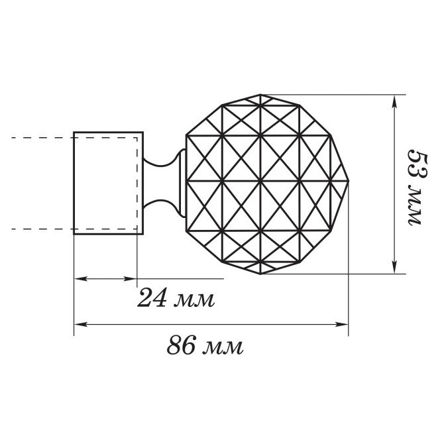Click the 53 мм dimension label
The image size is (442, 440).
point(417,187)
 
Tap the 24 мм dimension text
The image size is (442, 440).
point(176,298)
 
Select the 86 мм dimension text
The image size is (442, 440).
point(205,345)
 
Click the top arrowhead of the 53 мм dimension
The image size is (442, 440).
point(395,101)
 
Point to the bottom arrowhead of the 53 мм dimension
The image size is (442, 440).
point(395,267)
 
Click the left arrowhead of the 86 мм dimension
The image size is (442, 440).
point(80,325)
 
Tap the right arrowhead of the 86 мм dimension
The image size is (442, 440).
point(342,325)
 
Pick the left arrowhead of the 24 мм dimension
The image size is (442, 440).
point(80,279)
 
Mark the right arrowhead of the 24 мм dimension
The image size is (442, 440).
point(131,279)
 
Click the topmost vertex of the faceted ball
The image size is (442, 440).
point(260,95)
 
